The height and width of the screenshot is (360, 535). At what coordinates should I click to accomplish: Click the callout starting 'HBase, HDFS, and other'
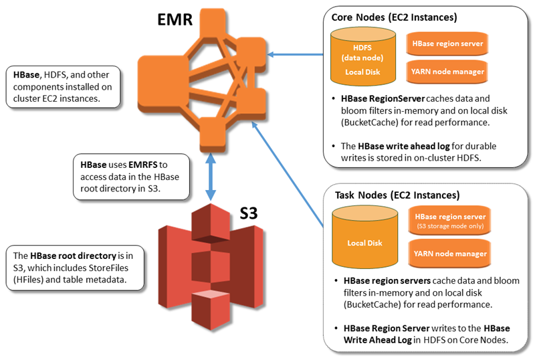[62, 86]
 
